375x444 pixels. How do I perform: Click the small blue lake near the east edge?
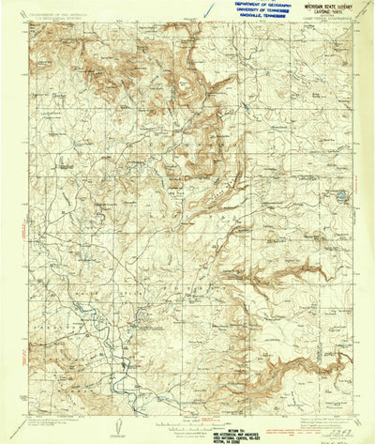[x=342, y=196]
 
